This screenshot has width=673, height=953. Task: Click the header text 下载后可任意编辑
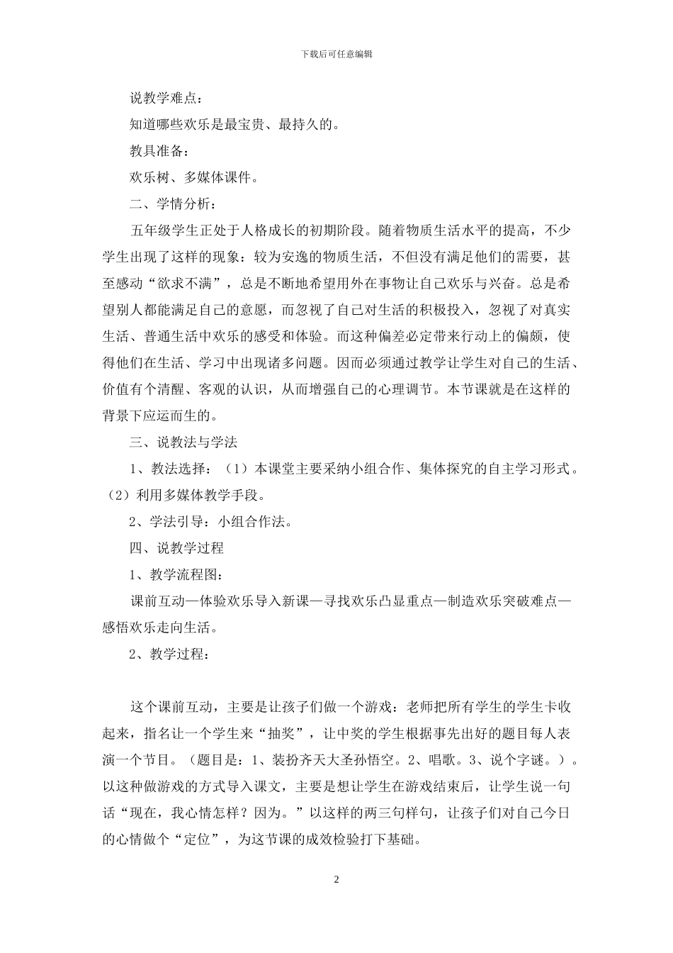click(x=336, y=54)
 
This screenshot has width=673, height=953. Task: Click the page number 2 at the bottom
click(x=336, y=880)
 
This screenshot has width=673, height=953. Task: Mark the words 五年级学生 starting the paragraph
click(x=163, y=230)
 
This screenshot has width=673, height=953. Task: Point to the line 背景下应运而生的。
click(x=160, y=416)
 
